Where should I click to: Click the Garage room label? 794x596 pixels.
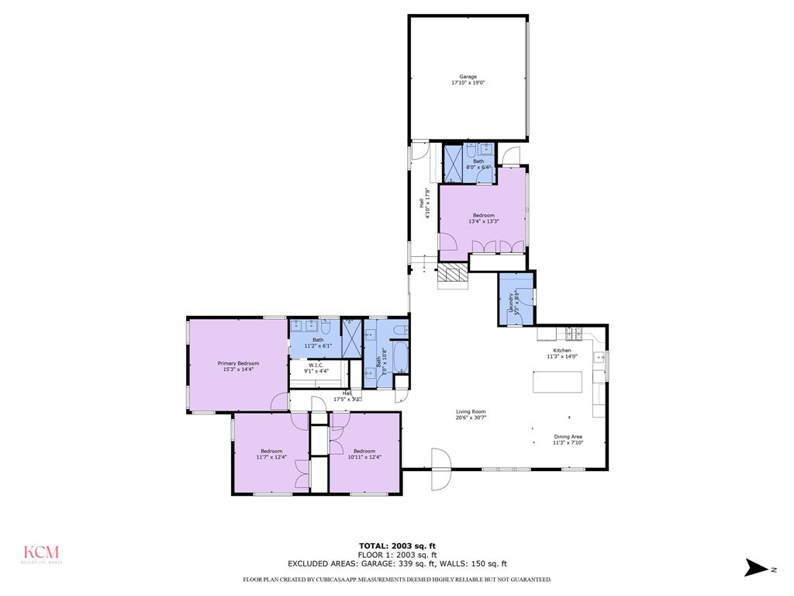468,77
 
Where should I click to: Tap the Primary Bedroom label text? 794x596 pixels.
238,363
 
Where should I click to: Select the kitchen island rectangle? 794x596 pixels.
557,383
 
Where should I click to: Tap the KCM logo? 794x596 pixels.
40,553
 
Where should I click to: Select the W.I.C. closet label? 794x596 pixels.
316,366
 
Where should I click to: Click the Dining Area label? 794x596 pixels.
567,437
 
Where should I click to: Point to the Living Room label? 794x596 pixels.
471,412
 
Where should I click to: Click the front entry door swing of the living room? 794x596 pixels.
440,469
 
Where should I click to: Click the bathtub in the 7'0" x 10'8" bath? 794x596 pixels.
401,358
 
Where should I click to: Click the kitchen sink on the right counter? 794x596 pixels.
599,358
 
